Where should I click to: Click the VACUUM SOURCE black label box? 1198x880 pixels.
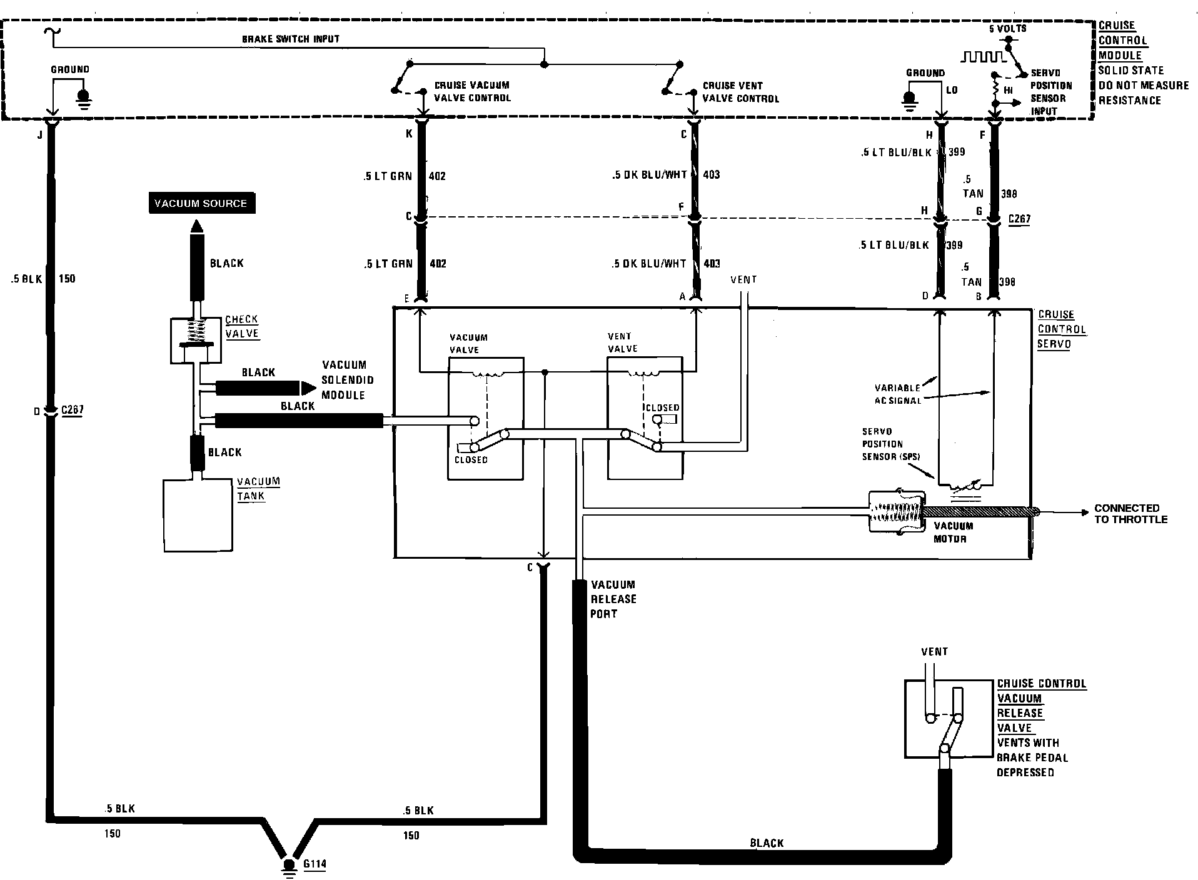click(201, 203)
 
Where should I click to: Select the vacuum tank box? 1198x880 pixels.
click(198, 515)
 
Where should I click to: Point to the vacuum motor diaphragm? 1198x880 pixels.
click(897, 512)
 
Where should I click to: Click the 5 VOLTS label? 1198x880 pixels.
click(1007, 29)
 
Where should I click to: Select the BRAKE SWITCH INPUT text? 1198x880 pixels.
click(291, 39)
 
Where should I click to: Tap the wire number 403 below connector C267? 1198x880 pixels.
click(711, 264)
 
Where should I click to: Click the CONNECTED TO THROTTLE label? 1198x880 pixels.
click(1131, 514)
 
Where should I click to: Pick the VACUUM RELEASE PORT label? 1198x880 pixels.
click(613, 599)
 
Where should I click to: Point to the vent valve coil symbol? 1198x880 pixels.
click(645, 374)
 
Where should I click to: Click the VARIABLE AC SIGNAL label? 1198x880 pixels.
click(897, 394)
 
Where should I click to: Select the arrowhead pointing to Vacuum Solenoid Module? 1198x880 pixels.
click(308, 388)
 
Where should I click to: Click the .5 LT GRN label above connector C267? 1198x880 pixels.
click(388, 176)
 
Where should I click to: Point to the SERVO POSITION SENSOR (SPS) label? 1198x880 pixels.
click(891, 444)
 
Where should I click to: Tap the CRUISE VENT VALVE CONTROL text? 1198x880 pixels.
click(741, 92)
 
